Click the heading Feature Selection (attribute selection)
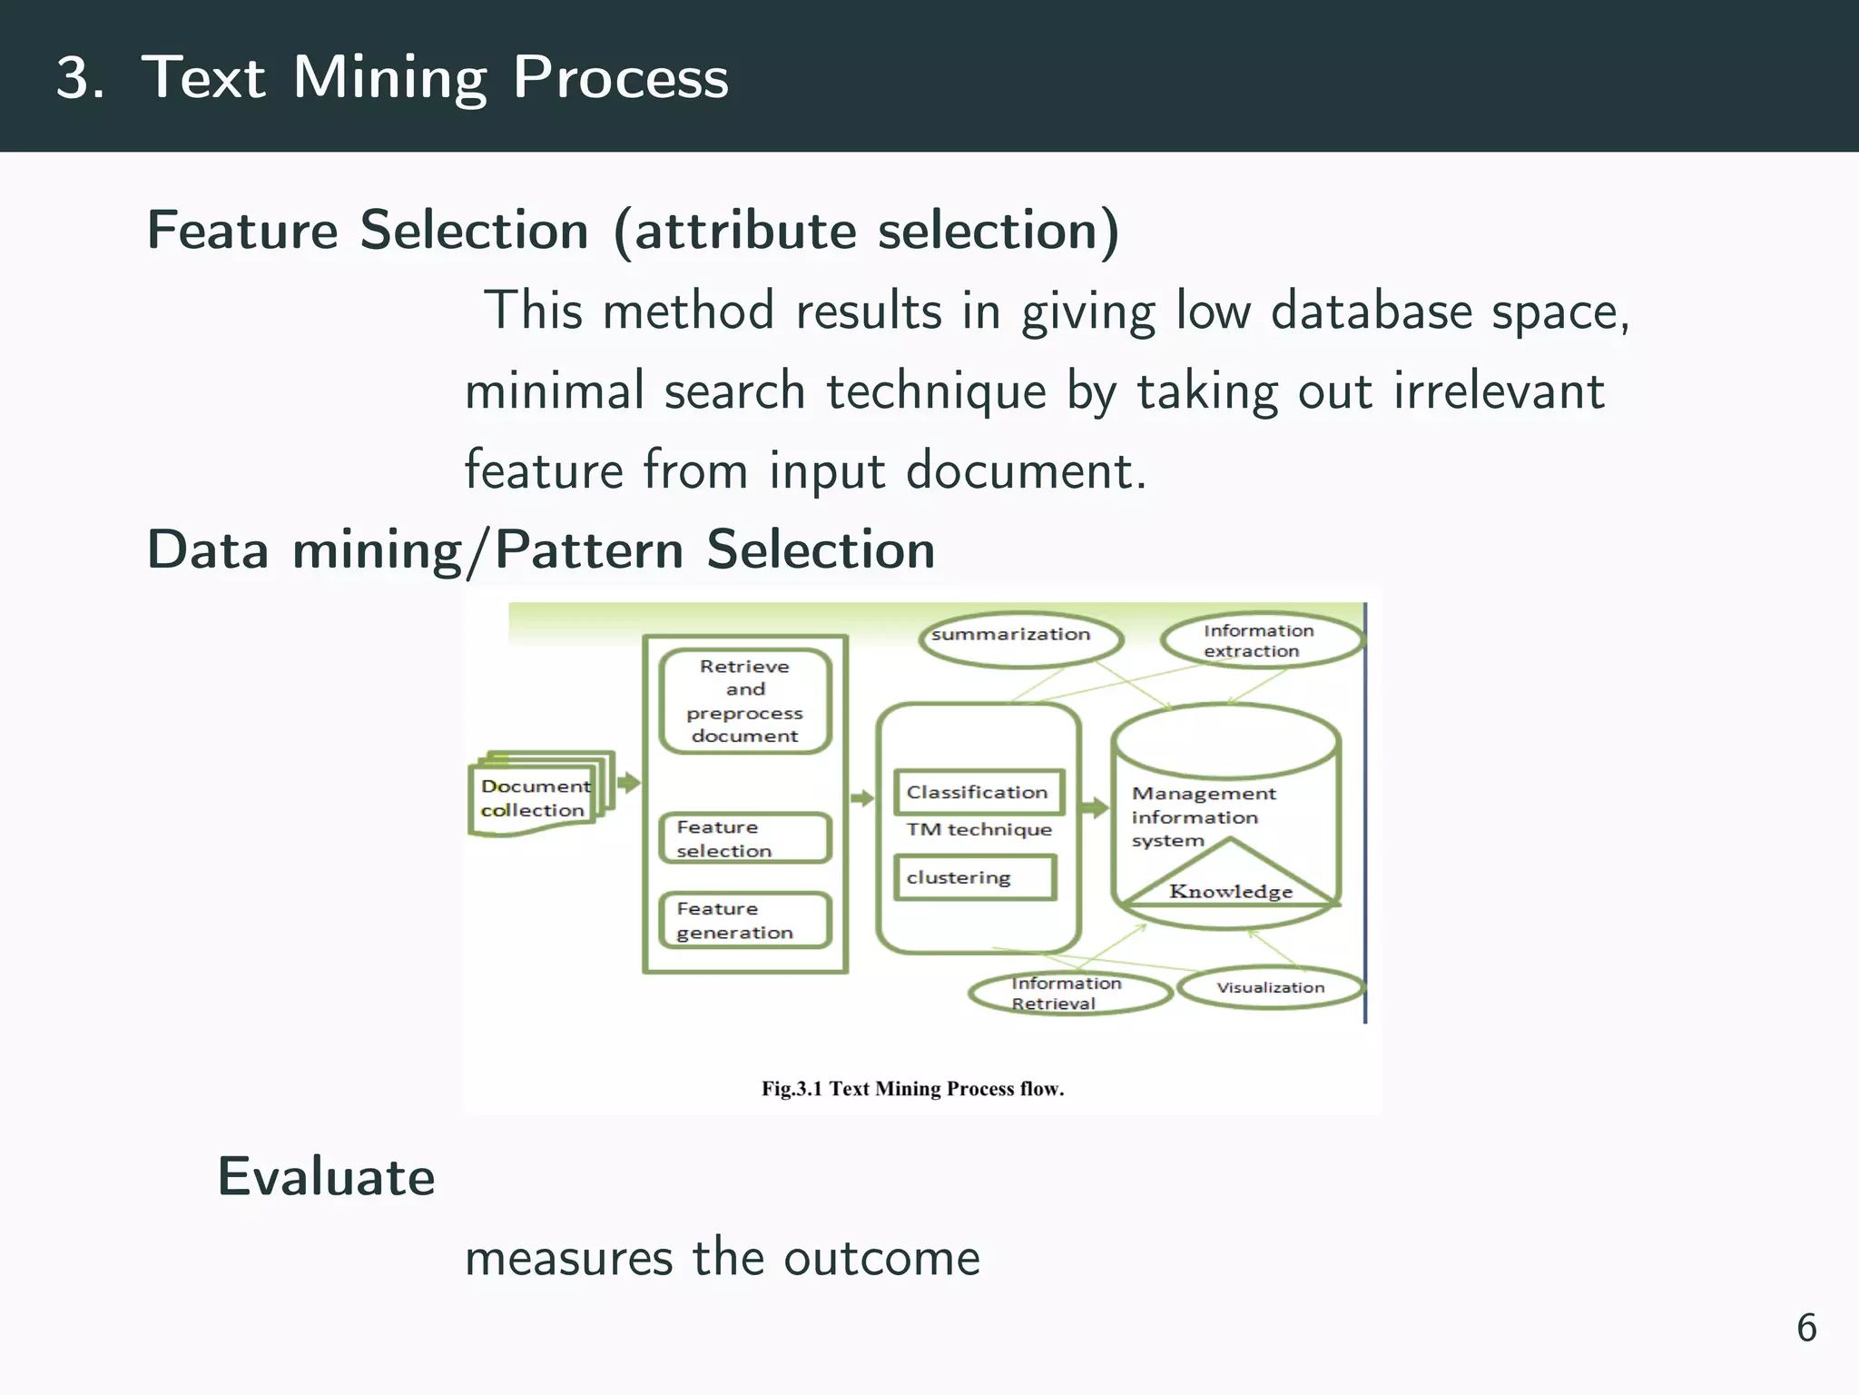[x=633, y=231]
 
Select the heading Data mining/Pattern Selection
[x=541, y=550]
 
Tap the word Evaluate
[x=327, y=1177]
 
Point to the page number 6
[x=1806, y=1328]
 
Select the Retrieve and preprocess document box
[x=745, y=701]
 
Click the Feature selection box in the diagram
[x=744, y=838]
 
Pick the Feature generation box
[x=744, y=920]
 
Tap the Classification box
[x=979, y=792]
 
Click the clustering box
[x=975, y=877]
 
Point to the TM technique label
[x=979, y=829]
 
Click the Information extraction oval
[x=1262, y=640]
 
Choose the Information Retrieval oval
[x=1069, y=993]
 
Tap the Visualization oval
[x=1271, y=988]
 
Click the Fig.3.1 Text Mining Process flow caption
[x=912, y=1089]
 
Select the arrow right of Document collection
[x=628, y=783]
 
